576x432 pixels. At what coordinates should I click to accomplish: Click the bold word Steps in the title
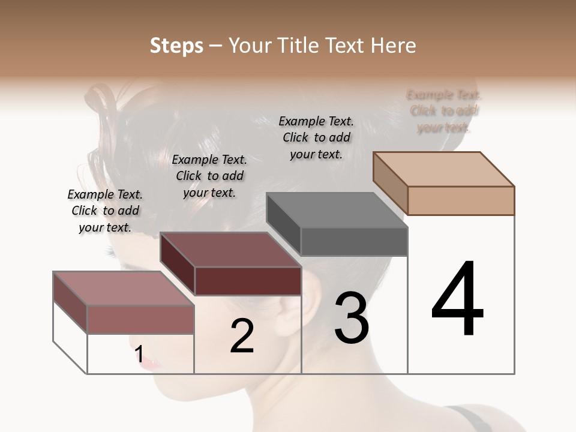(x=176, y=46)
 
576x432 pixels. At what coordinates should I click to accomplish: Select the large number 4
(x=457, y=300)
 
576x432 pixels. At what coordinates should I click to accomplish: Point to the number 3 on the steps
(x=351, y=318)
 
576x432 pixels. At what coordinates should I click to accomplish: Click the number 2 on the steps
(x=242, y=336)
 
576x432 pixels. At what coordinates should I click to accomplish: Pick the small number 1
(x=139, y=355)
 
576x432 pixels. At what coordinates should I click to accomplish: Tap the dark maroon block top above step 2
(x=230, y=250)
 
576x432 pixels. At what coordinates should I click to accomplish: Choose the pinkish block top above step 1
(x=124, y=288)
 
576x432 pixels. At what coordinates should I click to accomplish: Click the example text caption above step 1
(x=105, y=211)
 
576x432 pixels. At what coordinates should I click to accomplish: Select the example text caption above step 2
(x=209, y=176)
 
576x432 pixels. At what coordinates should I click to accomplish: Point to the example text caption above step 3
(x=316, y=137)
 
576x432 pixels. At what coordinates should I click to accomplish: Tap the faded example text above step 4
(x=444, y=111)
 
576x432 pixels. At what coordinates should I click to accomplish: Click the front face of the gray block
(x=354, y=242)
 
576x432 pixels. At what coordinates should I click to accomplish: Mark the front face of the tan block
(x=461, y=200)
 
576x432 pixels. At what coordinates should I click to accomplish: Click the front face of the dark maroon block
(x=248, y=281)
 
